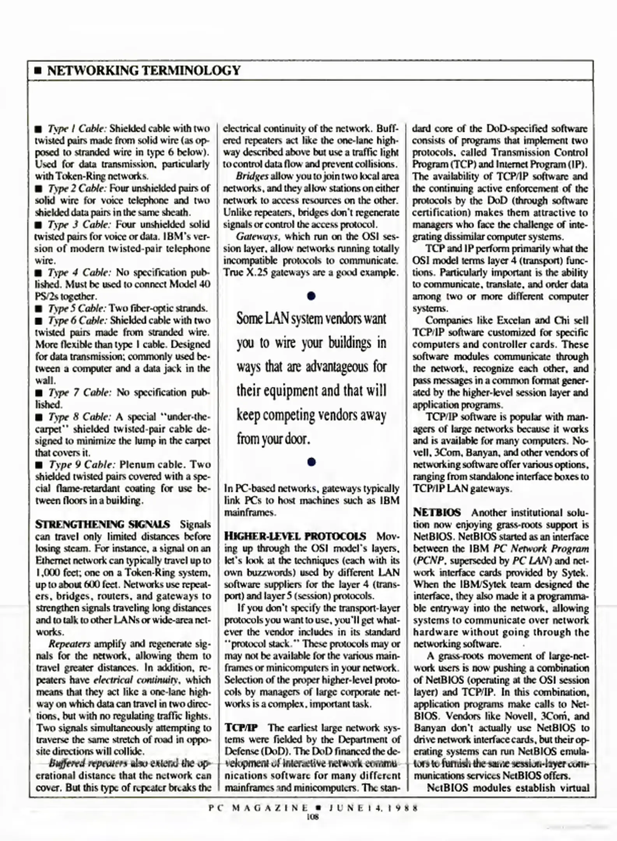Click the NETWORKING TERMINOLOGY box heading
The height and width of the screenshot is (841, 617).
coord(144,70)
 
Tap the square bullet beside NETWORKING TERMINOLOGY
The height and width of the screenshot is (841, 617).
coord(38,71)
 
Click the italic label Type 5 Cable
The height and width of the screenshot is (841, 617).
coord(77,308)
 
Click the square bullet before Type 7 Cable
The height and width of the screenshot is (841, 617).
coord(39,393)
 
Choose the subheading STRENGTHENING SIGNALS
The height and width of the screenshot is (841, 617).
coord(102,524)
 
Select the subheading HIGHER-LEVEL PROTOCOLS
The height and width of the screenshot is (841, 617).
coord(295,536)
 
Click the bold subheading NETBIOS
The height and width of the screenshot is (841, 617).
coord(437,512)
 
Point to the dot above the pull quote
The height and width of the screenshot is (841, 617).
coord(311,296)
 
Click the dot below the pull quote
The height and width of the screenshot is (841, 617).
coord(311,462)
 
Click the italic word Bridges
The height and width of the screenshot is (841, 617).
coord(252,176)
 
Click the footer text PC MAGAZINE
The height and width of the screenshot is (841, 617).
coord(258,808)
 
